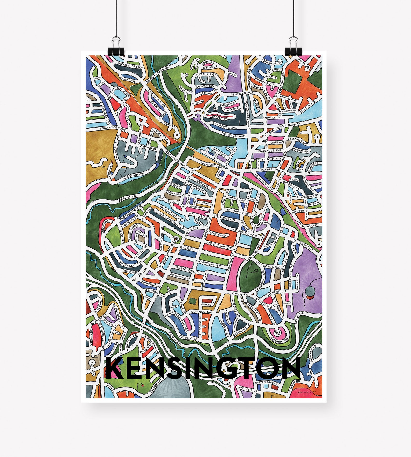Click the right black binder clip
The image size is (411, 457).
click(x=293, y=46)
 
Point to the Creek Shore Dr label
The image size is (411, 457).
click(x=130, y=65)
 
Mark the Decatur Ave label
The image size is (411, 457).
click(x=233, y=135)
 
